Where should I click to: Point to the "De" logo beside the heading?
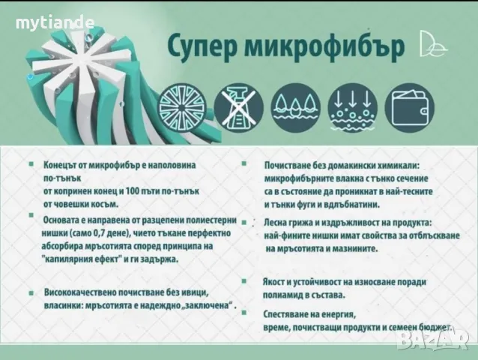tap(435, 45)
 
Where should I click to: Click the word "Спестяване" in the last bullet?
tap(288, 315)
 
